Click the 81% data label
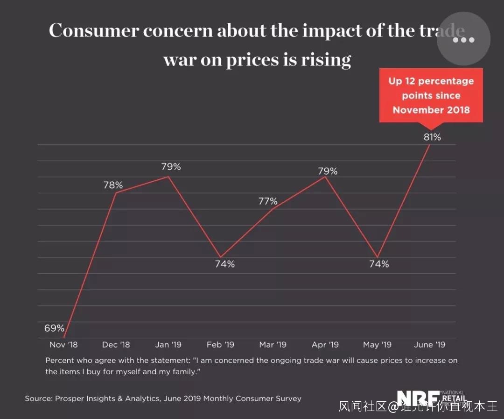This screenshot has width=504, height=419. [x=432, y=137]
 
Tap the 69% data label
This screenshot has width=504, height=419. [x=54, y=328]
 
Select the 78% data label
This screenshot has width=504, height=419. [x=113, y=185]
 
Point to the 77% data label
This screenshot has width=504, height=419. [x=268, y=201]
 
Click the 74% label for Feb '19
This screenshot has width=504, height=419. [x=224, y=264]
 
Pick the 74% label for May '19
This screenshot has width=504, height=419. [x=378, y=264]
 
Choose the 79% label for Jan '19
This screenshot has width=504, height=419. [x=171, y=167]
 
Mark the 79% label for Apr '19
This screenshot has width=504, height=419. [x=328, y=171]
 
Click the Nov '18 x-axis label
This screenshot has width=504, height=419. [x=63, y=345]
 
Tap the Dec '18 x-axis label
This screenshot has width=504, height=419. [x=116, y=345]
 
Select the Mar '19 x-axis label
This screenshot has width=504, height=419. [x=273, y=345]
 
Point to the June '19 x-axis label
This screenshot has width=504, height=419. [x=430, y=345]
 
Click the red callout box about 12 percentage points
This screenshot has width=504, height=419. [x=431, y=95]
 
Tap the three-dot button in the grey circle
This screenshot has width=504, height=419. [x=463, y=40]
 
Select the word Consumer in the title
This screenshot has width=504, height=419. [x=94, y=31]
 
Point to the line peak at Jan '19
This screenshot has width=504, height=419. [x=168, y=177]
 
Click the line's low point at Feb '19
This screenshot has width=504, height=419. [x=221, y=257]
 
